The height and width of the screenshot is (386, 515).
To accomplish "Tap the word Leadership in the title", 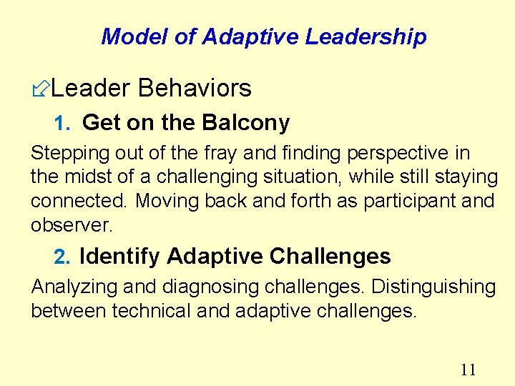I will click(x=366, y=36).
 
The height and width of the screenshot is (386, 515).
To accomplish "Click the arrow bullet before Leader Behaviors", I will click(x=41, y=89).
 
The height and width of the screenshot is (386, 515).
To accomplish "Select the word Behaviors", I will click(x=195, y=88).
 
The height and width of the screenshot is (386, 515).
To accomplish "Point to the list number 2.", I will click(x=63, y=257).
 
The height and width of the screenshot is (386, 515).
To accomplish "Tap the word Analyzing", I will click(x=75, y=287).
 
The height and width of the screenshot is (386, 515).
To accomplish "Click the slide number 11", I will click(x=469, y=370).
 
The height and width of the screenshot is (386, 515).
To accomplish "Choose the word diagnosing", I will click(x=207, y=287).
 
